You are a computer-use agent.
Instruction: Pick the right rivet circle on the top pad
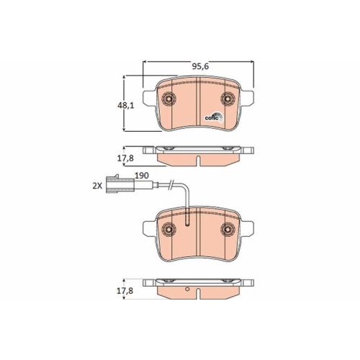click(x=228, y=100)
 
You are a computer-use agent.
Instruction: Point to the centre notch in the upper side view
click(x=199, y=158)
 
